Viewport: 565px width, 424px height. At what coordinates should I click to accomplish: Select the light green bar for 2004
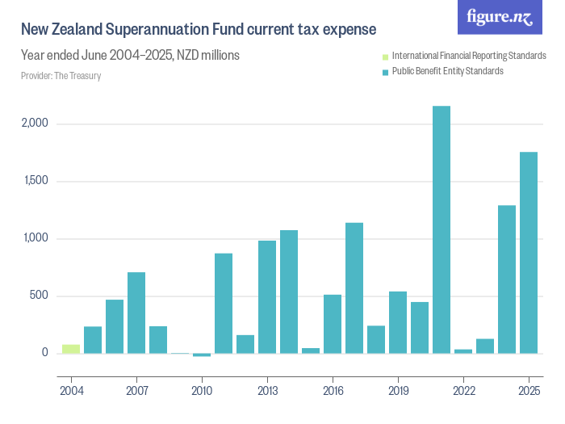(71, 349)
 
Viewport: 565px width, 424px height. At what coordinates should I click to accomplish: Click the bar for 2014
(289, 292)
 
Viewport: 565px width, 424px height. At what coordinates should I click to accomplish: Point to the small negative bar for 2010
(202, 355)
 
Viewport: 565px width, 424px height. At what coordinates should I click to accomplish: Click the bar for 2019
(398, 322)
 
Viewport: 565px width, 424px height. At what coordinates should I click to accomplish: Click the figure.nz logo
(500, 17)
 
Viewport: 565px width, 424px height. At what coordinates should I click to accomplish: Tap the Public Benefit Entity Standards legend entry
(447, 71)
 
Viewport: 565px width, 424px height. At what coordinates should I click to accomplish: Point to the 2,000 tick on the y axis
(36, 124)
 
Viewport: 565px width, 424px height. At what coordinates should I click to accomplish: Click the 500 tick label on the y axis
(40, 296)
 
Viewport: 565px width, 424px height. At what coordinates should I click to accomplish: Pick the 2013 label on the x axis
(267, 390)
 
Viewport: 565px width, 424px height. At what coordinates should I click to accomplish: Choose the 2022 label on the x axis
(463, 390)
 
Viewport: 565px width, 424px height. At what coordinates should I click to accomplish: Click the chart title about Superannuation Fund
(199, 30)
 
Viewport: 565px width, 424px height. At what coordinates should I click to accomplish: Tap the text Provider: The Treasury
(61, 76)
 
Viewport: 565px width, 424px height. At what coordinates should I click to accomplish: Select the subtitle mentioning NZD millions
(130, 56)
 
